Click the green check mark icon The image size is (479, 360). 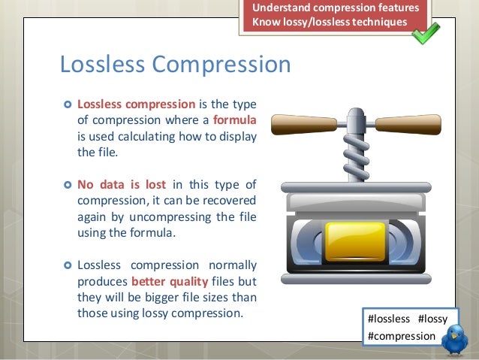[425, 32]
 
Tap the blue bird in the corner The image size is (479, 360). [455, 342]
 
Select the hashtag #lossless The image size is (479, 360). [389, 319]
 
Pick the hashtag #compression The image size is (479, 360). [401, 336]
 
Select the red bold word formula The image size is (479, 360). [235, 120]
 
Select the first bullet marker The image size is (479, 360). [66, 104]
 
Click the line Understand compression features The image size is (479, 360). [335, 8]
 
